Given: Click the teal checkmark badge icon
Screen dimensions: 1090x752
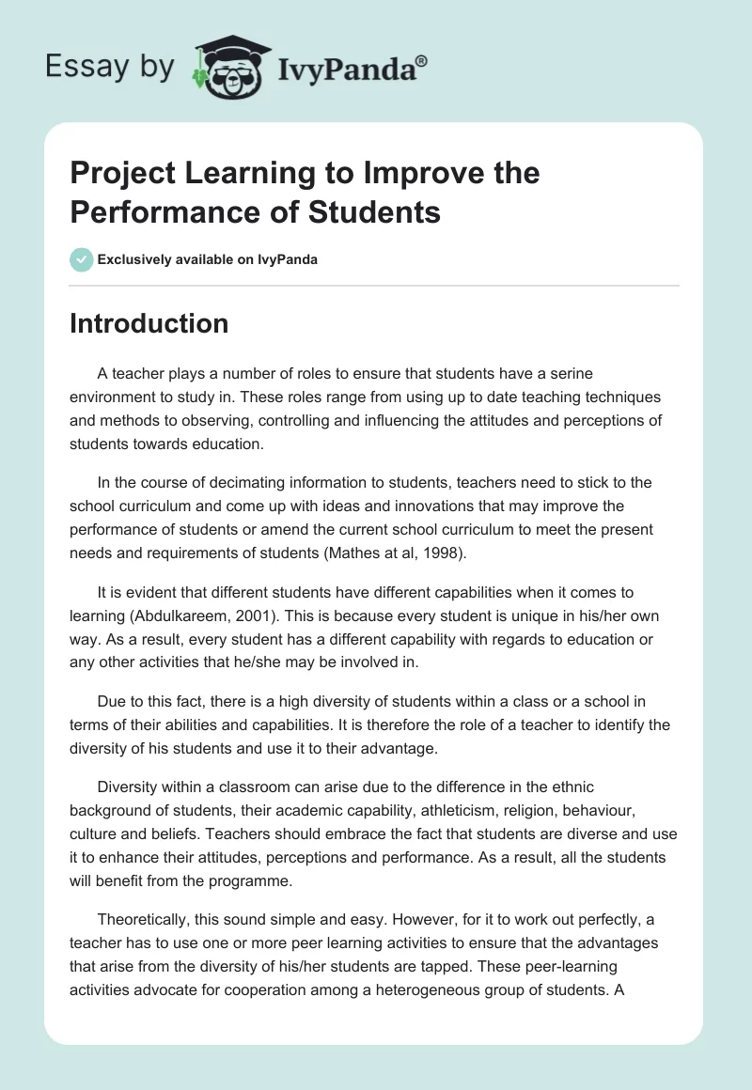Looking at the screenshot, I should tap(82, 259).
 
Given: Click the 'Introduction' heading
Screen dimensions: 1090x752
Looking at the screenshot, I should tap(149, 323).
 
